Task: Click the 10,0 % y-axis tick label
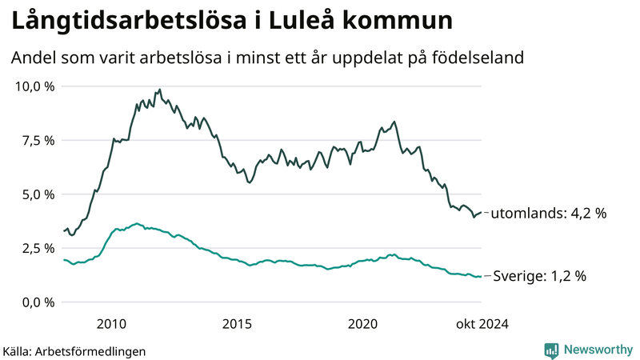pyautogui.click(x=35, y=86)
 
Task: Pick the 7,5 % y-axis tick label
pyautogui.click(x=38, y=141)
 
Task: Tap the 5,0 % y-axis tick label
pyautogui.click(x=38, y=194)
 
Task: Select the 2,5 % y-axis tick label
pyautogui.click(x=38, y=249)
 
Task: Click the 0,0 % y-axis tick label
pyautogui.click(x=38, y=302)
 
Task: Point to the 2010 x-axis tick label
pyautogui.click(x=111, y=323)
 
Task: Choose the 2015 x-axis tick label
pyautogui.click(x=238, y=323)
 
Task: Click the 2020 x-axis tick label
pyautogui.click(x=363, y=323)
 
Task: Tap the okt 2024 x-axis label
pyautogui.click(x=482, y=323)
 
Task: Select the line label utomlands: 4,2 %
pyautogui.click(x=548, y=214)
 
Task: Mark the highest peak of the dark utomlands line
pyautogui.click(x=160, y=90)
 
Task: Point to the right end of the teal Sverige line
pyautogui.click(x=481, y=277)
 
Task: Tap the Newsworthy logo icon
pyautogui.click(x=551, y=350)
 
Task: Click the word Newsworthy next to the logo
pyautogui.click(x=597, y=350)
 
